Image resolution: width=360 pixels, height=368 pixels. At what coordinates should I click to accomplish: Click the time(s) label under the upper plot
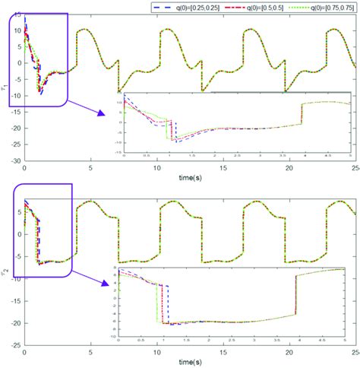point(179,174)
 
